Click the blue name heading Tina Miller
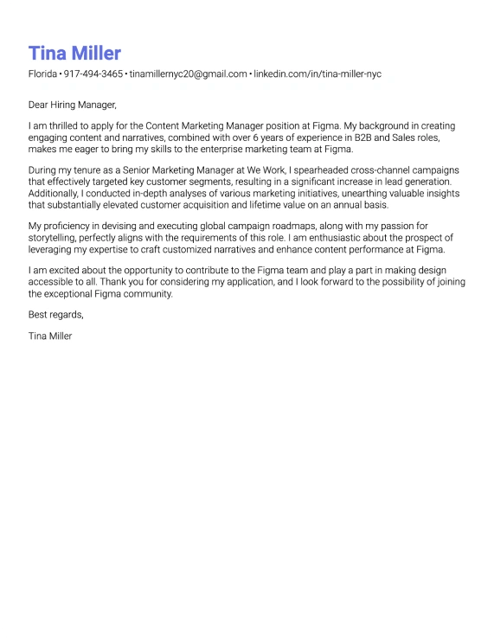click(x=74, y=53)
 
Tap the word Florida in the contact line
click(x=42, y=74)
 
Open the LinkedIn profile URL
click(x=317, y=74)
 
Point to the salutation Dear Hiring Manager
click(x=72, y=105)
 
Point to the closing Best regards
click(x=55, y=315)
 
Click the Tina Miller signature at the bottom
click(x=50, y=336)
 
